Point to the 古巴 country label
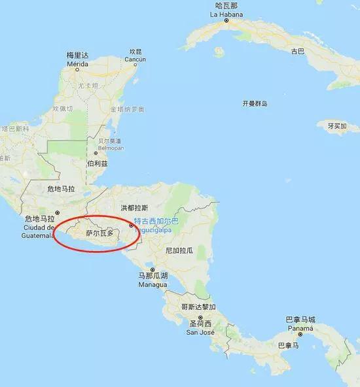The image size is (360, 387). [x=298, y=50]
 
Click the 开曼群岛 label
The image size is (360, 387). [x=255, y=103]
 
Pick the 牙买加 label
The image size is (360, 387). [x=337, y=126]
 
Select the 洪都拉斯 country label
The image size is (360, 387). [x=134, y=207]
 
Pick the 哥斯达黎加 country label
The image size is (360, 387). [x=198, y=306]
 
